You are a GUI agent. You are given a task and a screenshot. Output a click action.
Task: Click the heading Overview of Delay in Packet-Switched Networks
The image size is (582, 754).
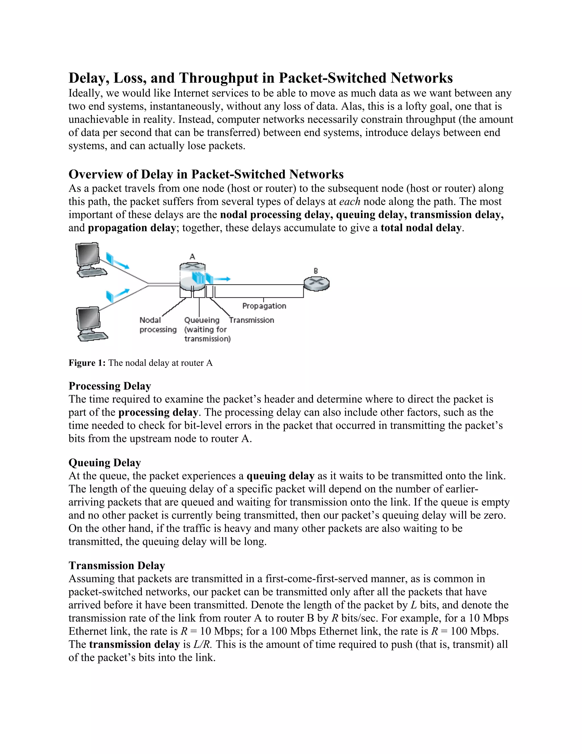206,174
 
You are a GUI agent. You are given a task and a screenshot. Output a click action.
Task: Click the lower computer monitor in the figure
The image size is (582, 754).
88,318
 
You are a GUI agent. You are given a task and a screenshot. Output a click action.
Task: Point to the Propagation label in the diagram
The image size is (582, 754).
264,306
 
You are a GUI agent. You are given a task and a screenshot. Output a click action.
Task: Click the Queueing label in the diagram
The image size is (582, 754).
202,320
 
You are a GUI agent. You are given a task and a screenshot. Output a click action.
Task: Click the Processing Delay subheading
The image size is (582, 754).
110,386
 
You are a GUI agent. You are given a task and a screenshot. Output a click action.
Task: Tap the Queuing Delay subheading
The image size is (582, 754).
105,463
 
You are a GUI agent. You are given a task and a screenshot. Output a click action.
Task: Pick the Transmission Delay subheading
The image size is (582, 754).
117,566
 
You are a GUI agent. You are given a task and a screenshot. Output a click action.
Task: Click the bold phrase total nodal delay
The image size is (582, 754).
421,228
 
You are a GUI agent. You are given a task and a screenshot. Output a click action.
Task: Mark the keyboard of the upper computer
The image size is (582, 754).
92,272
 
